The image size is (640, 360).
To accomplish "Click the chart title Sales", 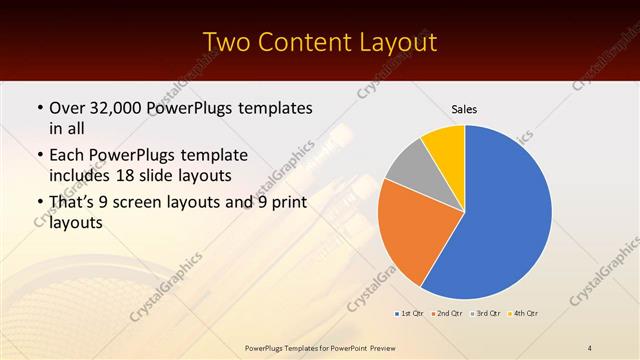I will [x=464, y=108].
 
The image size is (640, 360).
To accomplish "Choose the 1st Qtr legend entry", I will [x=409, y=314].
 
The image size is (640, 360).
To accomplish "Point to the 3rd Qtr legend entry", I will [x=486, y=314].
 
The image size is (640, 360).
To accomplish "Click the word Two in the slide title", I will [x=227, y=42].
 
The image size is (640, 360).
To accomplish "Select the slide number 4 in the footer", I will [x=590, y=348].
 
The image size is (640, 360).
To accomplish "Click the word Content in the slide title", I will [x=305, y=42].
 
